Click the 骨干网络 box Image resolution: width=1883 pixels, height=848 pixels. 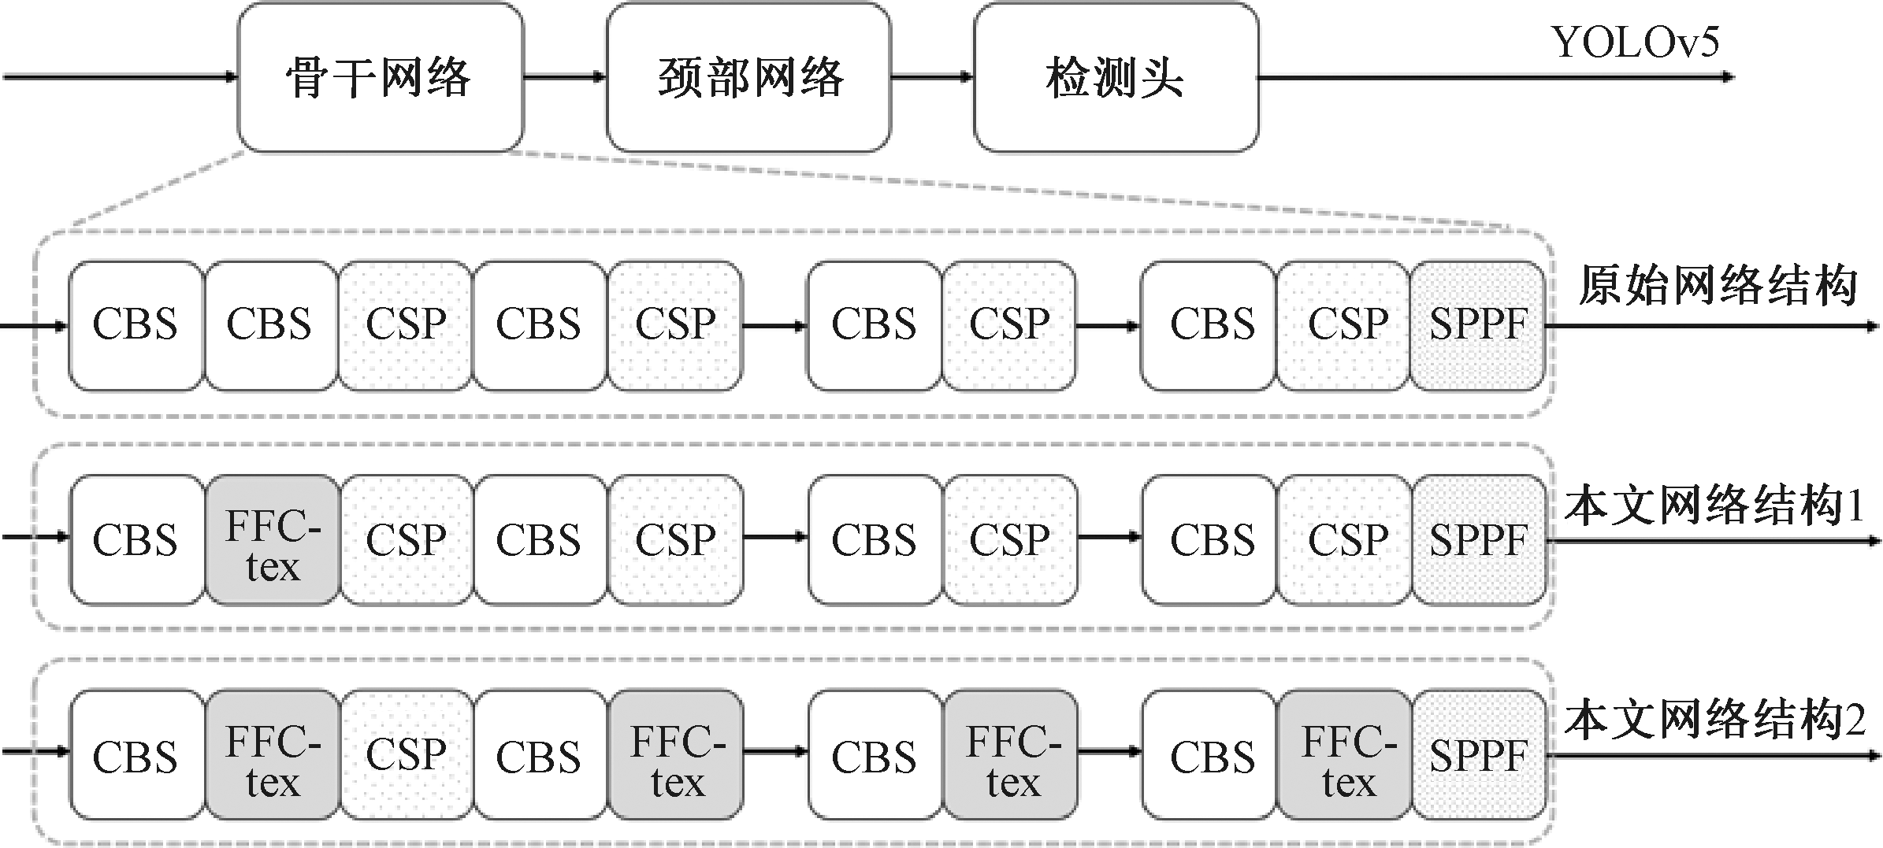click(x=380, y=77)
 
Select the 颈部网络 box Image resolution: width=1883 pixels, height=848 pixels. click(x=748, y=77)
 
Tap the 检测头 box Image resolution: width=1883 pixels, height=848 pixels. click(x=1116, y=77)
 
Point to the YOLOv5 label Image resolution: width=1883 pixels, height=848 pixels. click(x=1635, y=43)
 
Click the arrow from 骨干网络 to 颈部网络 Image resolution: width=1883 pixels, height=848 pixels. click(x=564, y=77)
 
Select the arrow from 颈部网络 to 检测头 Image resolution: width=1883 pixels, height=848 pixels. click(x=932, y=77)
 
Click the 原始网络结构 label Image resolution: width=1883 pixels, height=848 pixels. click(x=1718, y=285)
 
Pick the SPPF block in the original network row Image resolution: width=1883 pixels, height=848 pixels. click(x=1477, y=326)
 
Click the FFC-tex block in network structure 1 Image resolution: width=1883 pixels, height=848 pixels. click(x=273, y=541)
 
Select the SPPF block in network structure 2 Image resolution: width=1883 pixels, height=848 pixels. click(x=1478, y=756)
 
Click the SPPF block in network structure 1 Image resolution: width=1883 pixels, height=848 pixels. click(x=1478, y=541)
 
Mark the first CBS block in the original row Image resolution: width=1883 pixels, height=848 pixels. click(x=136, y=326)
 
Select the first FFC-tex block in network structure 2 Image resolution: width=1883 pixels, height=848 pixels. click(x=273, y=756)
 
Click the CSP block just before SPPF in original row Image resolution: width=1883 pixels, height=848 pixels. click(x=1343, y=326)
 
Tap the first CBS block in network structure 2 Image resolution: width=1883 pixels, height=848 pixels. click(x=136, y=756)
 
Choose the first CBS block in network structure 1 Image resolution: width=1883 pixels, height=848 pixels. click(x=136, y=541)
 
